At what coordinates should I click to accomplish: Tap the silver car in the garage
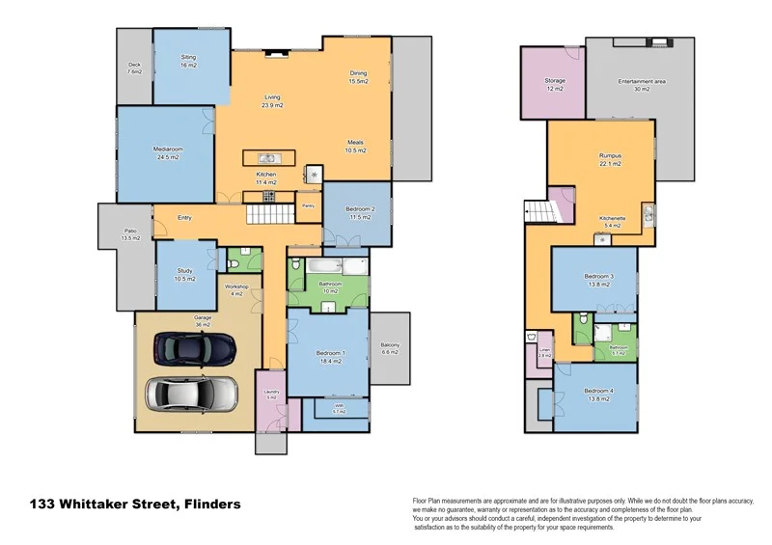point(191,393)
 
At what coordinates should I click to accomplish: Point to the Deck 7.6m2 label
point(135,69)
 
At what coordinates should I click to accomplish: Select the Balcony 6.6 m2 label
point(390,349)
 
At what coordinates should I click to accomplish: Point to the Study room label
point(184,275)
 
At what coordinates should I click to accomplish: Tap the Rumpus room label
point(609,159)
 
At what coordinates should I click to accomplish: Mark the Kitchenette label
point(613,221)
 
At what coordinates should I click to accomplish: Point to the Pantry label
point(308,205)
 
